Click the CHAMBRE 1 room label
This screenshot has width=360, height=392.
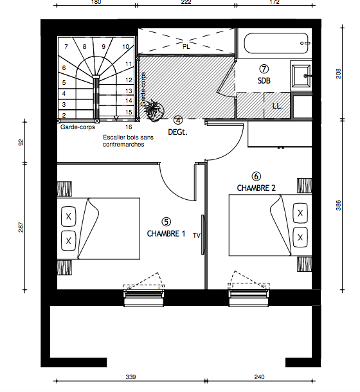click(x=166, y=233)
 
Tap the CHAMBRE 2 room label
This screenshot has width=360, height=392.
click(x=256, y=188)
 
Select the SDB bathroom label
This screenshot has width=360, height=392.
click(x=264, y=80)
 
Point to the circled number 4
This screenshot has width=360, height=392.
click(x=178, y=120)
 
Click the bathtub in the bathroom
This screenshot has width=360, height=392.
click(x=276, y=43)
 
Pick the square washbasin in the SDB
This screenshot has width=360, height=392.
click(x=301, y=75)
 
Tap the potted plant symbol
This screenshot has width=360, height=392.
click(x=154, y=111)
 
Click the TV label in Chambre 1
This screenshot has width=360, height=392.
click(x=196, y=235)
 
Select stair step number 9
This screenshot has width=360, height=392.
click(x=104, y=46)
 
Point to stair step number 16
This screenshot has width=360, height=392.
click(x=129, y=127)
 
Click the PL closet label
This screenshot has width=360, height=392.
click(x=186, y=46)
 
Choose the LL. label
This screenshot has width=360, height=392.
click(x=277, y=106)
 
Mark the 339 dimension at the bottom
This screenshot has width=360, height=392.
click(x=130, y=377)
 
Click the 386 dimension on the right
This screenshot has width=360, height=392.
click(x=338, y=206)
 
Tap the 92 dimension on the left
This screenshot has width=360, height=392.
click(x=21, y=142)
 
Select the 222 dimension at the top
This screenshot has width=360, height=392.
click(x=186, y=3)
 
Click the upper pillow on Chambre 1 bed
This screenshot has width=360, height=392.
click(x=69, y=217)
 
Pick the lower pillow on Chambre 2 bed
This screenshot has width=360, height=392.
click(x=300, y=237)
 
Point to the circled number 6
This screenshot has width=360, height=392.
click(x=256, y=177)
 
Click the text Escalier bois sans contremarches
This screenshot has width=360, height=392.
click(x=128, y=141)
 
